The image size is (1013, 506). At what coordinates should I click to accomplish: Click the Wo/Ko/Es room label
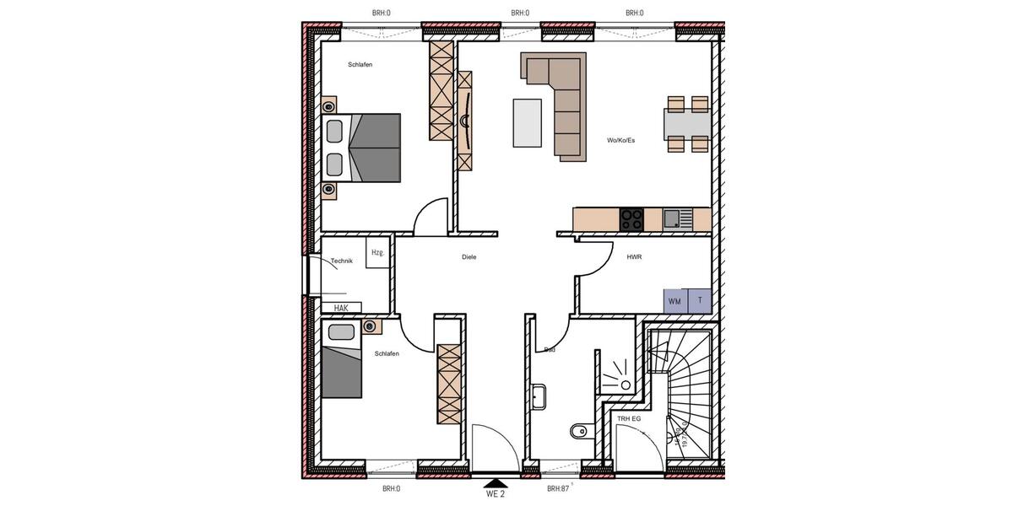620,140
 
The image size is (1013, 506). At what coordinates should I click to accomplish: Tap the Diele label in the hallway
469,257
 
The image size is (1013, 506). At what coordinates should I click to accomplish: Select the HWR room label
634,256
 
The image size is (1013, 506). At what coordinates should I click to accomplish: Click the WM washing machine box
675,301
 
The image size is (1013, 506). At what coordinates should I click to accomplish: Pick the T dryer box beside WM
700,300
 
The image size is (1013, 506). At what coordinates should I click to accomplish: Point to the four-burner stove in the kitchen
631,219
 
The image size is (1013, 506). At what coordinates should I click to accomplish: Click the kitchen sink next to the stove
673,219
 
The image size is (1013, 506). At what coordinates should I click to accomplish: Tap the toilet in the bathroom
577,433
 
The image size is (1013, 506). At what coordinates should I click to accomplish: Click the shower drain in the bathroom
626,385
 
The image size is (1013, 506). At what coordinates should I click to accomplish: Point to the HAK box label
341,308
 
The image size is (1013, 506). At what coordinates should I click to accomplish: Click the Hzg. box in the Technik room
377,253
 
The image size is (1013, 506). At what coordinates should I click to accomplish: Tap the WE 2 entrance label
495,494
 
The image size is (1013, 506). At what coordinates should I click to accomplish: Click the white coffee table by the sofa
528,123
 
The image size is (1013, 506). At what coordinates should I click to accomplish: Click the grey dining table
688,124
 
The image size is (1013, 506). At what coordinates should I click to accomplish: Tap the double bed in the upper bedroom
361,148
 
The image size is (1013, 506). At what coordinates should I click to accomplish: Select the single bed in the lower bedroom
342,360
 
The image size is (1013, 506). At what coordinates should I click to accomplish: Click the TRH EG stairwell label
630,418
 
